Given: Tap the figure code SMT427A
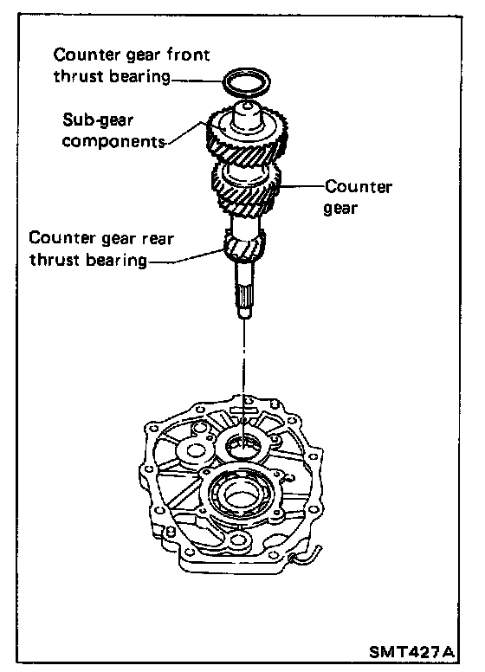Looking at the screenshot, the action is pyautogui.click(x=411, y=652).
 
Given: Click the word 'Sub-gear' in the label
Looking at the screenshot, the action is pyautogui.click(x=98, y=120).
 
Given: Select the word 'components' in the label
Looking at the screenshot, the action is pyautogui.click(x=113, y=141).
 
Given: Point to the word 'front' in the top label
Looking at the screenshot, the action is pyautogui.click(x=188, y=55).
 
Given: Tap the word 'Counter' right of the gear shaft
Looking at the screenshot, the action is pyautogui.click(x=359, y=187).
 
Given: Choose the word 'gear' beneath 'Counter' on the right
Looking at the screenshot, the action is pyautogui.click(x=340, y=209).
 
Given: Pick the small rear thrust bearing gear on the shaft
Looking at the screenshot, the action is pyautogui.click(x=243, y=247).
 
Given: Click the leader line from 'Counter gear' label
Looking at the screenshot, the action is pyautogui.click(x=302, y=186).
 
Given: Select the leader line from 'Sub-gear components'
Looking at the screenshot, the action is pyautogui.click(x=184, y=132).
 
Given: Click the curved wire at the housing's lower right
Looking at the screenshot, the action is pyautogui.click(x=306, y=555).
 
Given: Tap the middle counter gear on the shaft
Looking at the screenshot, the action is pyautogui.click(x=245, y=191).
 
